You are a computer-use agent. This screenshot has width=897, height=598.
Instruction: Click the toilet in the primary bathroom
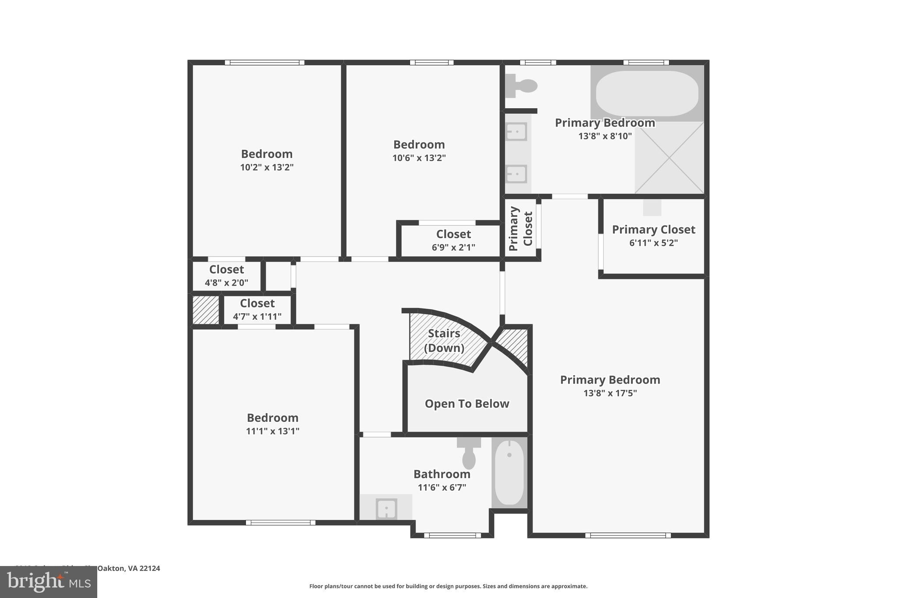pyautogui.click(x=521, y=86)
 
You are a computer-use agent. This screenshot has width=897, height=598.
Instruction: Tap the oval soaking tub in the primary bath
pyautogui.click(x=647, y=94)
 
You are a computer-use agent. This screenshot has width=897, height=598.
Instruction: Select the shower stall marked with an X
pyautogui.click(x=669, y=158)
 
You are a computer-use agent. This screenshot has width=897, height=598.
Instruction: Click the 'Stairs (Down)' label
pyautogui.click(x=444, y=340)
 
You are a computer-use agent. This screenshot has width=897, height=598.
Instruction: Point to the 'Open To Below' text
pyautogui.click(x=467, y=403)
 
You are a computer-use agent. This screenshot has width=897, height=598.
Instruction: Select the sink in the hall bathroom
pyautogui.click(x=386, y=509)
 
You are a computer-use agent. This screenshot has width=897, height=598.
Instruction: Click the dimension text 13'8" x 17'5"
pyautogui.click(x=610, y=393)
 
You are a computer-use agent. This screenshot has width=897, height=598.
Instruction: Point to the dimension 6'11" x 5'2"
pyautogui.click(x=653, y=243)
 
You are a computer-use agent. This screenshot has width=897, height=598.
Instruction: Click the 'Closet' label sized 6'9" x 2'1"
pyautogui.click(x=453, y=234)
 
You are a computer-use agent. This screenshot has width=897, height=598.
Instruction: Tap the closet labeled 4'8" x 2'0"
pyautogui.click(x=226, y=276)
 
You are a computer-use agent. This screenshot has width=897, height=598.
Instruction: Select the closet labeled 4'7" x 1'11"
pyautogui.click(x=257, y=309)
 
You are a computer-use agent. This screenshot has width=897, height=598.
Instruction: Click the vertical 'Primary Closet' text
pyautogui.click(x=521, y=229)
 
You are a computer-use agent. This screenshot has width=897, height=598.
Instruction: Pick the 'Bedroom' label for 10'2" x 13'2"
pyautogui.click(x=266, y=154)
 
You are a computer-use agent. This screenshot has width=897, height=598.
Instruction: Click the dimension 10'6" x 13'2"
pyautogui.click(x=419, y=158)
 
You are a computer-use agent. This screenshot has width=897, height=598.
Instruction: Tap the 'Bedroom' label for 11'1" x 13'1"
pyautogui.click(x=272, y=418)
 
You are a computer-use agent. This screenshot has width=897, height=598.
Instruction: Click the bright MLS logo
pyautogui.click(x=49, y=582)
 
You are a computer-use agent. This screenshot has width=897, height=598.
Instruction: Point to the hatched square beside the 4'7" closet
pyautogui.click(x=206, y=310)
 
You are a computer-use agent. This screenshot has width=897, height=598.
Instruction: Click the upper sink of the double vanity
pyautogui.click(x=517, y=131)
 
